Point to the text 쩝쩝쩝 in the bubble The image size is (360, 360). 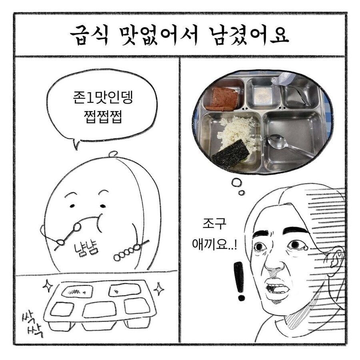pyautogui.click(x=101, y=118)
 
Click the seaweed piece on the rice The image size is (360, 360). pyautogui.click(x=231, y=154)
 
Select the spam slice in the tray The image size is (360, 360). pyautogui.click(x=222, y=98)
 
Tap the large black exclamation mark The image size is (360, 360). pyautogui.click(x=239, y=280)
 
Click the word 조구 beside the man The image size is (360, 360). pyautogui.click(x=214, y=223)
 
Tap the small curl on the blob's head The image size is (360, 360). pyautogui.click(x=114, y=153)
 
